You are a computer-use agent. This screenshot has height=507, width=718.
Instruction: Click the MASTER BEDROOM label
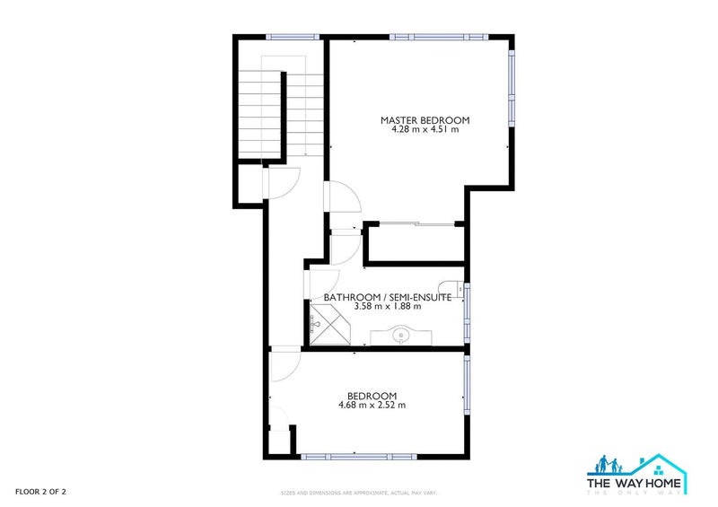coord(425,120)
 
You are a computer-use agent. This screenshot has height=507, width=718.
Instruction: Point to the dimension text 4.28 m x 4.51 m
coord(425,130)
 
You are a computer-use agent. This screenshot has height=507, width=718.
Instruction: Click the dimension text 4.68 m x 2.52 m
coord(372,405)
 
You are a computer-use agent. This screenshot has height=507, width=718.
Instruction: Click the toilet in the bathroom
coord(456,288)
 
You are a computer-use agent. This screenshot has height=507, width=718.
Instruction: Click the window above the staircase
coord(293,37)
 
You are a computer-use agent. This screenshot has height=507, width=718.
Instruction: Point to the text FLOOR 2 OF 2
coord(40,491)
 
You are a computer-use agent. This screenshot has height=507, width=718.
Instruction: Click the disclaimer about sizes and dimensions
coord(358,493)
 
